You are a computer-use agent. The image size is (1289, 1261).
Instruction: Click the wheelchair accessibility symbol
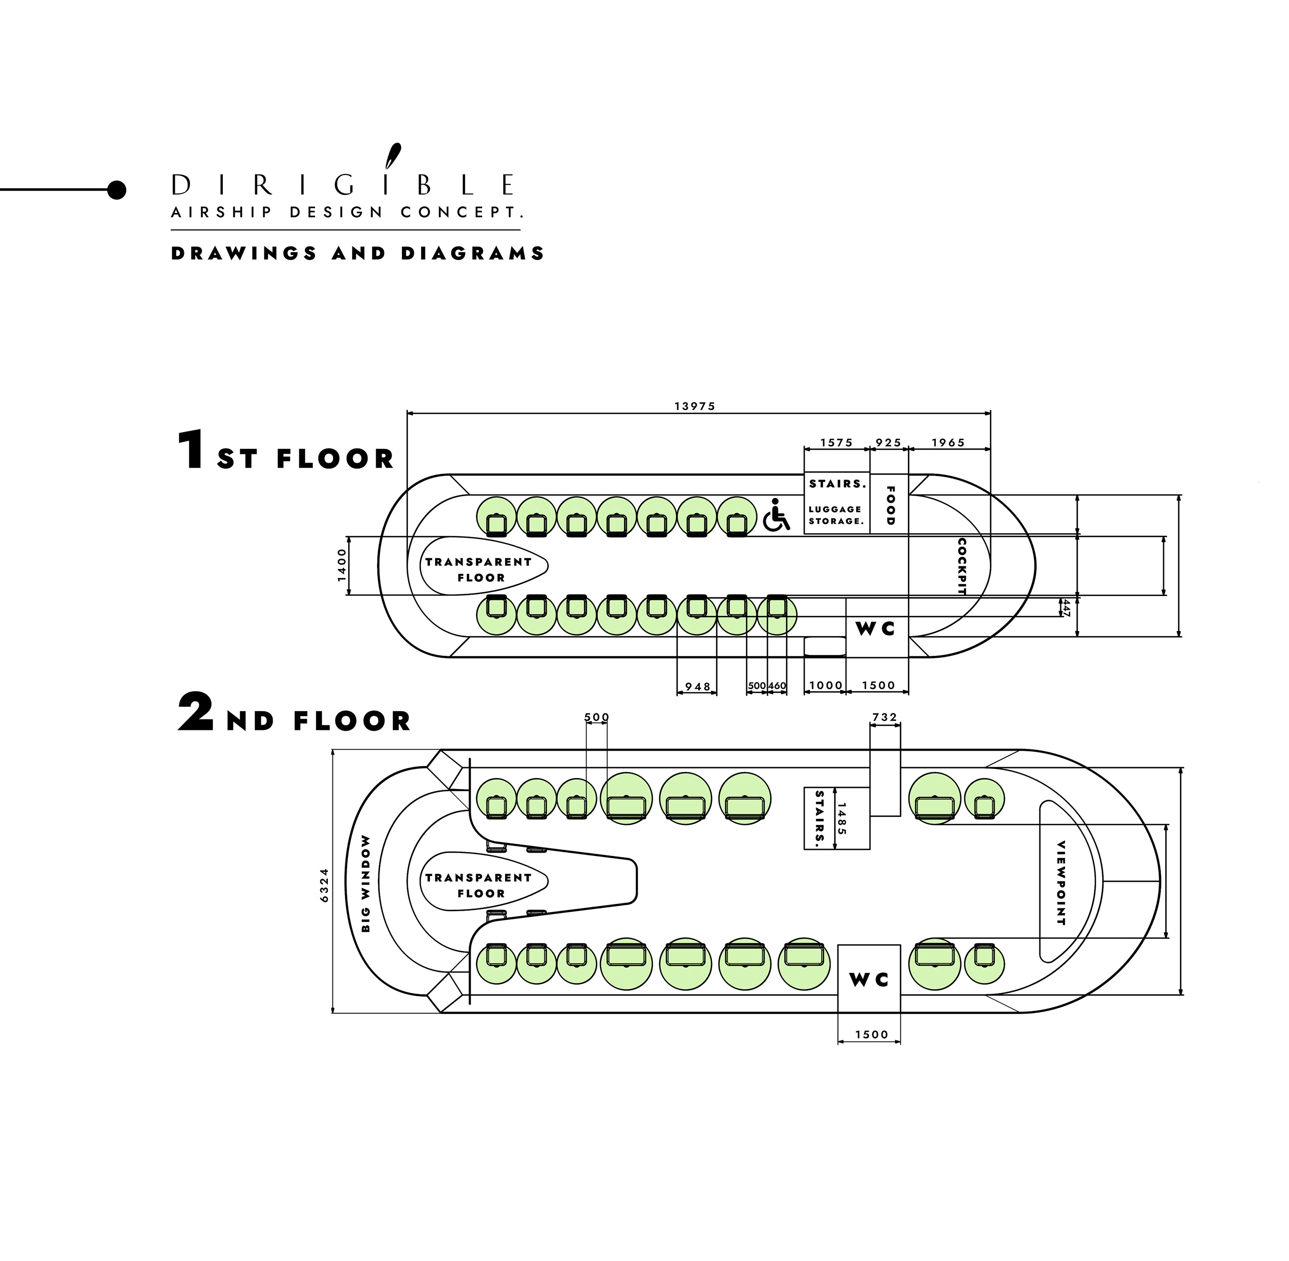click(776, 516)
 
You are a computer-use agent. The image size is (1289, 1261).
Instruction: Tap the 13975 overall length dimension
click(695, 406)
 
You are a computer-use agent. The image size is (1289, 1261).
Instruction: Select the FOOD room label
click(890, 505)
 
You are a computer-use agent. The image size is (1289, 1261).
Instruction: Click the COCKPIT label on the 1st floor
click(962, 566)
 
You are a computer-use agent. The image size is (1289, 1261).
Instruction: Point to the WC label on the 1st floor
click(876, 629)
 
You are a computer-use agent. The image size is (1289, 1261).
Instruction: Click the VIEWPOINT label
click(1061, 883)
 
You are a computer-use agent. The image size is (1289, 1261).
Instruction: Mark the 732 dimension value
click(884, 717)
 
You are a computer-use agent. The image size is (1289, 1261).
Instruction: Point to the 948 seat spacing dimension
click(697, 687)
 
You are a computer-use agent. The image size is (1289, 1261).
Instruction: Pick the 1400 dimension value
click(342, 565)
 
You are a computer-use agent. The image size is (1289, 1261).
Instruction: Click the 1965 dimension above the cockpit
click(948, 442)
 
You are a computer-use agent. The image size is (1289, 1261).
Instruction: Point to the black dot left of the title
click(116, 190)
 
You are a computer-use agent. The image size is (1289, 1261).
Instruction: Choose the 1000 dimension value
click(825, 685)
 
